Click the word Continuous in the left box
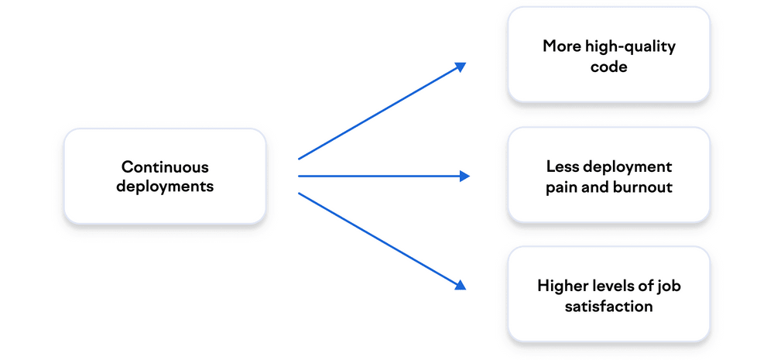pos(165,167)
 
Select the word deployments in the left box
pos(165,187)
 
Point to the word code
pos(608,67)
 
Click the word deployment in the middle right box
pos(628,167)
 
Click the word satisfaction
pos(609,307)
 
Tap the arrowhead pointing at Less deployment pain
pos(464,177)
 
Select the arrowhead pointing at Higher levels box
pos(461,285)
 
